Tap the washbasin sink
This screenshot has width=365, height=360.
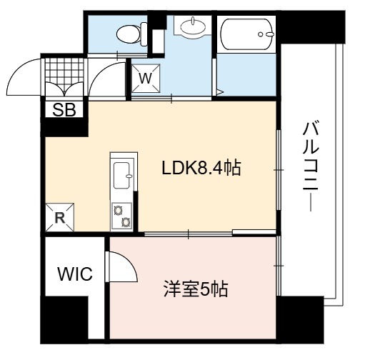click(193, 26)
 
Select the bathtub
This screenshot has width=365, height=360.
click(247, 34)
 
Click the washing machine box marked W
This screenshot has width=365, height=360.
click(146, 79)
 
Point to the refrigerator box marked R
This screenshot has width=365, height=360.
click(60, 217)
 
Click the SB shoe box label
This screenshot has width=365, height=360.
click(64, 110)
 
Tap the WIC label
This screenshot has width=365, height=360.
click(75, 274)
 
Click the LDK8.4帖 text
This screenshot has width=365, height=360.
click(201, 168)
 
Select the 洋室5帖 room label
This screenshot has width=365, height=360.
click(196, 289)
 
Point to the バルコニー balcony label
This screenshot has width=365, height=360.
click(311, 166)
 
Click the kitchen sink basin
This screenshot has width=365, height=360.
click(121, 175)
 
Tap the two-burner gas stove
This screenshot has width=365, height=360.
click(122, 216)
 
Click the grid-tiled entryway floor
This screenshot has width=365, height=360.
click(64, 71)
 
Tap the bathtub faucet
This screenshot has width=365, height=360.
click(266, 34)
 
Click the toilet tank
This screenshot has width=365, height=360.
click(144, 34)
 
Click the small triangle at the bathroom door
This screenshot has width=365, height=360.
click(220, 92)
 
